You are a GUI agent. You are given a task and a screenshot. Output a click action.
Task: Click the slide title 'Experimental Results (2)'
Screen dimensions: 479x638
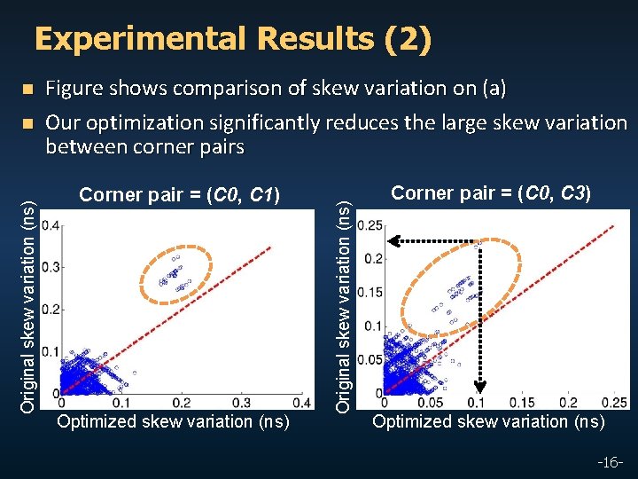[x=232, y=39]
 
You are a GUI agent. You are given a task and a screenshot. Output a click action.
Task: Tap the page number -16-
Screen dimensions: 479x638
[x=612, y=462]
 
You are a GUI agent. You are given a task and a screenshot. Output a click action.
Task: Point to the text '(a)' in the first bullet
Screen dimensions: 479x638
[x=493, y=88]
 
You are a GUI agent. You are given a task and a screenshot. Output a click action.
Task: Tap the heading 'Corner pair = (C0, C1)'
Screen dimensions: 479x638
[x=179, y=194]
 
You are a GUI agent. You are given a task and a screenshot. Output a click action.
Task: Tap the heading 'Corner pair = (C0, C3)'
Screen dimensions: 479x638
[x=492, y=192]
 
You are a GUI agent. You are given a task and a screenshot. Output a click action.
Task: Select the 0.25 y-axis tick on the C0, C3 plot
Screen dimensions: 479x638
[x=370, y=225]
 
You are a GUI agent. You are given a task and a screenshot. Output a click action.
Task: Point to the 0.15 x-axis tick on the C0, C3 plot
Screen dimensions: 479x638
[x=528, y=404]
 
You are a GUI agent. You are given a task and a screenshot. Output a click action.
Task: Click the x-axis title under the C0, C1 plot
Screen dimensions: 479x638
[x=173, y=421]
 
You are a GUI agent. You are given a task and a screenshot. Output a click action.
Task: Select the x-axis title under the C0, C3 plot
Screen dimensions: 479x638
[x=488, y=421]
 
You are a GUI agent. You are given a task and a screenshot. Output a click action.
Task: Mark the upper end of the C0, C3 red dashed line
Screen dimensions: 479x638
[x=612, y=227]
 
